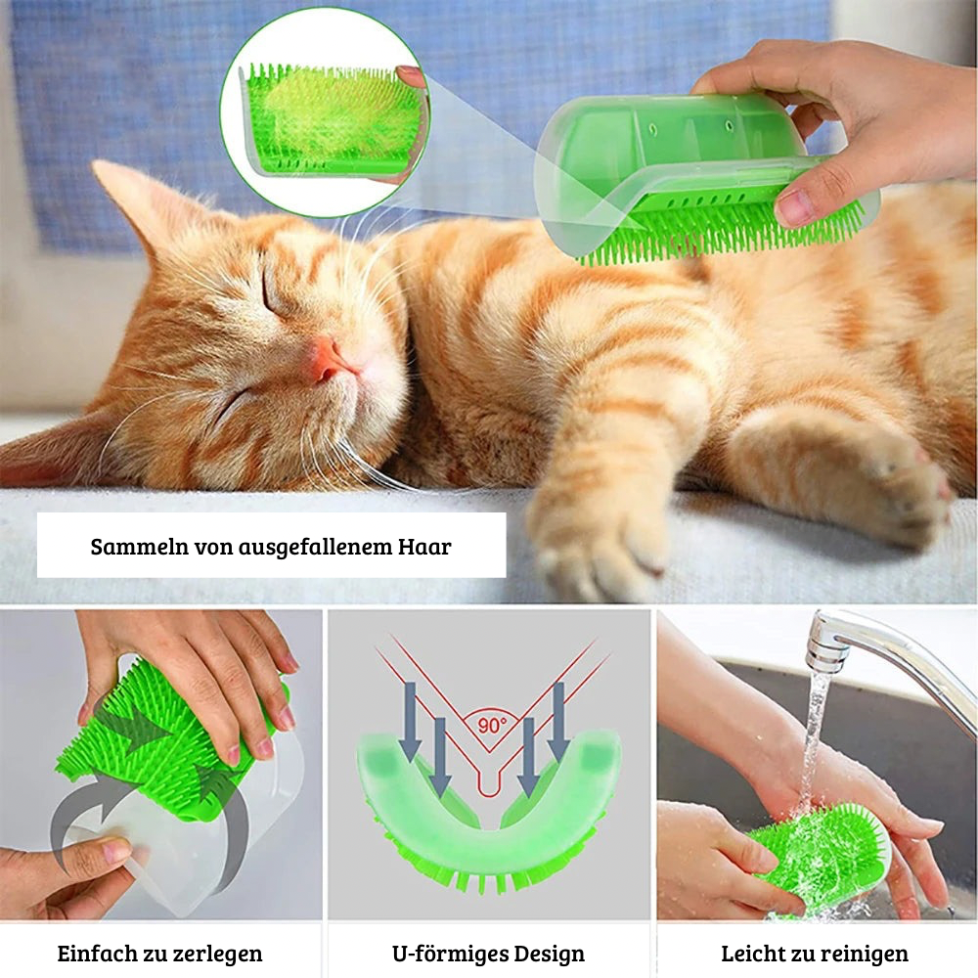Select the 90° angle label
pyautogui.click(x=493, y=725)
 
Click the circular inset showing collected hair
pyautogui.click(x=327, y=112)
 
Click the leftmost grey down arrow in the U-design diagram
pyautogui.click(x=410, y=722)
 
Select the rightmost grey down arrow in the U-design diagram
pyautogui.click(x=558, y=722)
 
